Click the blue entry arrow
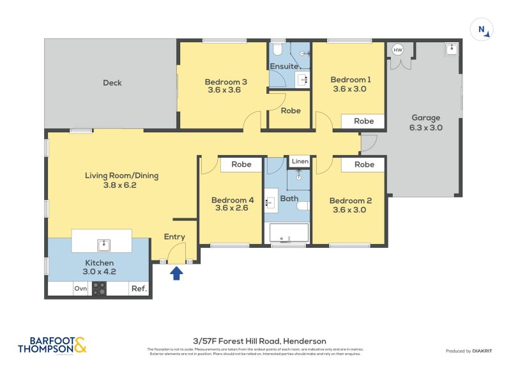click(176, 273)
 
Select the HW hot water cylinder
click(398, 50)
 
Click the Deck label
click(112, 82)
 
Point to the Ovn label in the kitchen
click(80, 289)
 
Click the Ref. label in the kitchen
click(139, 289)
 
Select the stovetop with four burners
click(99, 289)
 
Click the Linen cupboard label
click(300, 162)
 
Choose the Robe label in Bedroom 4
click(241, 165)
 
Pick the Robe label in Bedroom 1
click(363, 121)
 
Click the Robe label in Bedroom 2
click(363, 165)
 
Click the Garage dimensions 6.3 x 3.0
click(425, 127)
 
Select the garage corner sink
click(452, 49)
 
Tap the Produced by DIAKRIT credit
click(471, 351)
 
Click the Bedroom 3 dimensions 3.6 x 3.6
click(225, 90)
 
